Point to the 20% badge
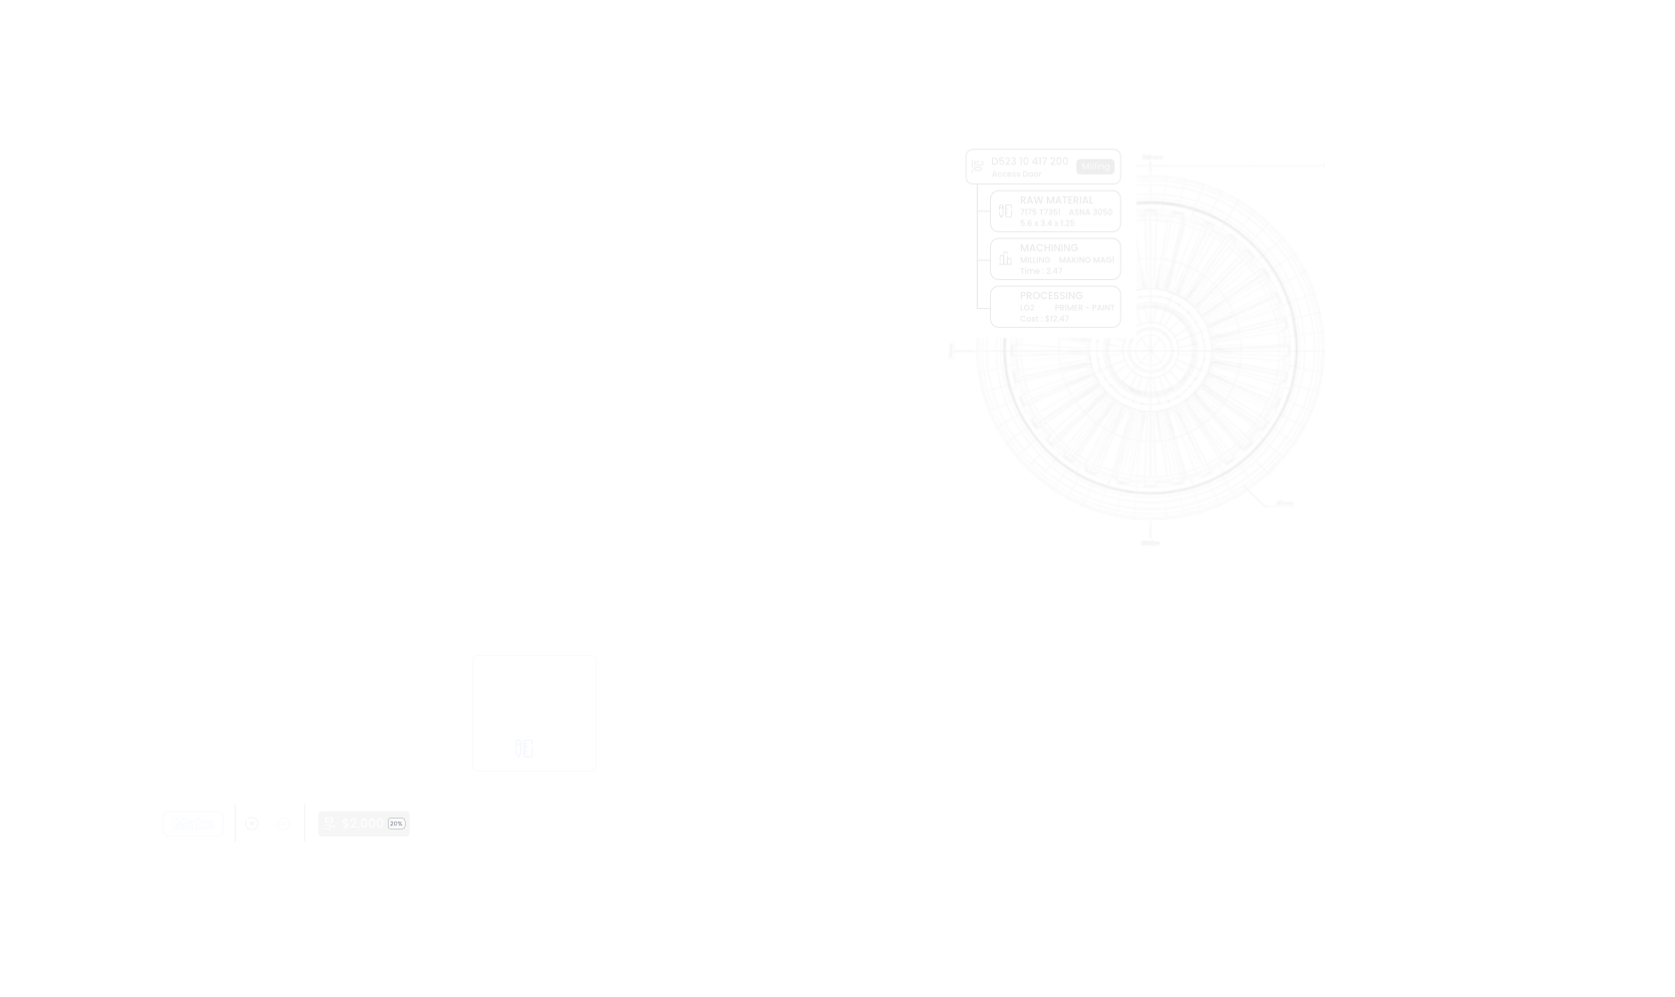(397, 824)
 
